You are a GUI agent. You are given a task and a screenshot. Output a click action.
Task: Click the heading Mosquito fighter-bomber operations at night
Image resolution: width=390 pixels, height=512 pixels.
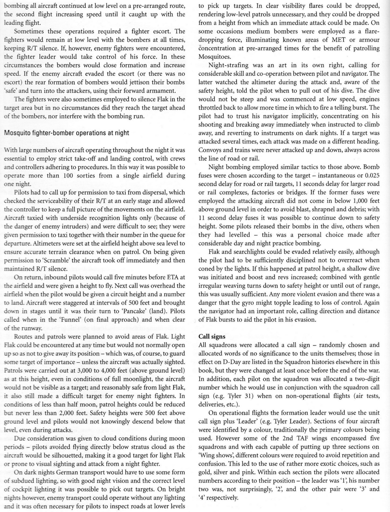point(67,133)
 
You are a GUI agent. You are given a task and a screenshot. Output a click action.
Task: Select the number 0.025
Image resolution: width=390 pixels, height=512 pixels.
point(372,176)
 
